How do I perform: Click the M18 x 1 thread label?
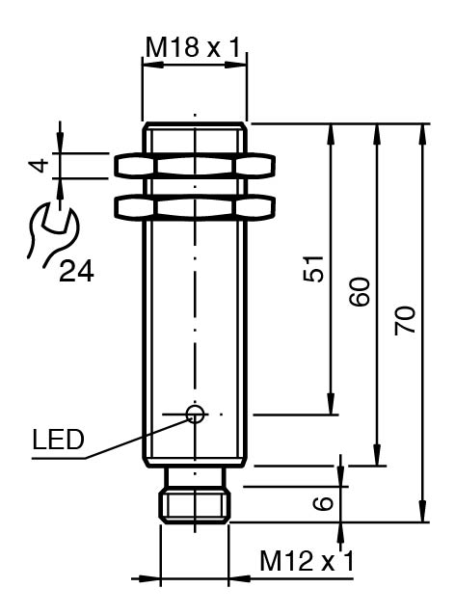[192, 47]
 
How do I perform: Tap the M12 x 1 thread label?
[307, 560]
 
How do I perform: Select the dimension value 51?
[314, 269]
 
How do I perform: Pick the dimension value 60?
[360, 291]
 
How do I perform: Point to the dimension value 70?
[405, 320]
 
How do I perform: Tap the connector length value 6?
[324, 503]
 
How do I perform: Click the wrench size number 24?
[76, 272]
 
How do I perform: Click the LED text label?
[58, 440]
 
